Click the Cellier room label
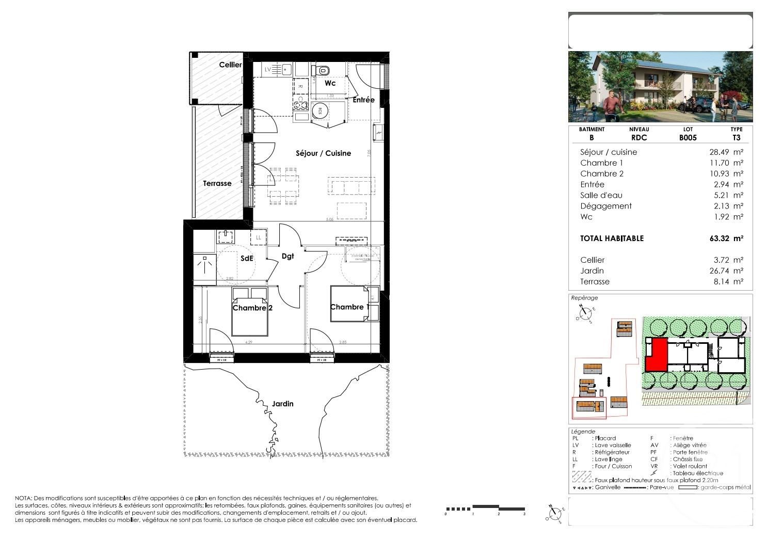230,65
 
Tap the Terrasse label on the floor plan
217,183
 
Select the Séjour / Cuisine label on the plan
323,153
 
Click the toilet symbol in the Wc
324,70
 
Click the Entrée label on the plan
363,100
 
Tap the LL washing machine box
259,237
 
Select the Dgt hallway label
288,256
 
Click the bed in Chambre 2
250,312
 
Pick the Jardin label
282,404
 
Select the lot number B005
688,138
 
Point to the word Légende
583,432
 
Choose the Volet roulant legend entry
689,466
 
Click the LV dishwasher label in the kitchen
268,69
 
